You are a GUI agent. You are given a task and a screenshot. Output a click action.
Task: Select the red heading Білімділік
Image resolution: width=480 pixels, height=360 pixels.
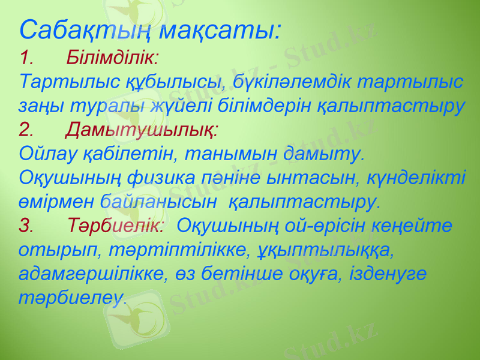[x=112, y=58]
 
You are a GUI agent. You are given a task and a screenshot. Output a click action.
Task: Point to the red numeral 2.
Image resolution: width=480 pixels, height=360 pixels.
[x=26, y=129]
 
